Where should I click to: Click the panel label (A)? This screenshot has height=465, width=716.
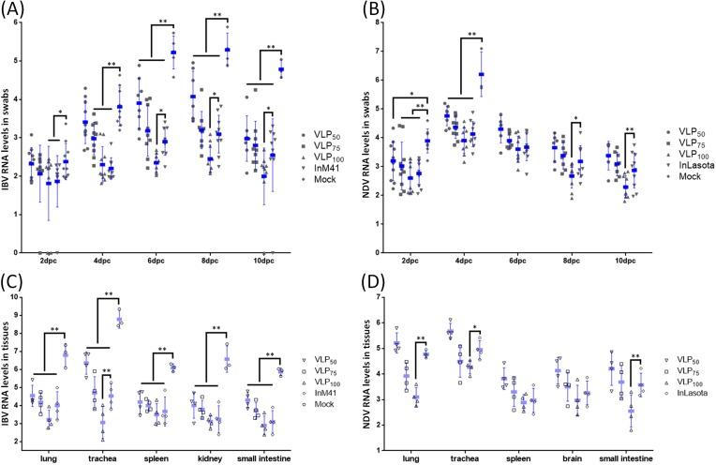pyautogui.click(x=16, y=9)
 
